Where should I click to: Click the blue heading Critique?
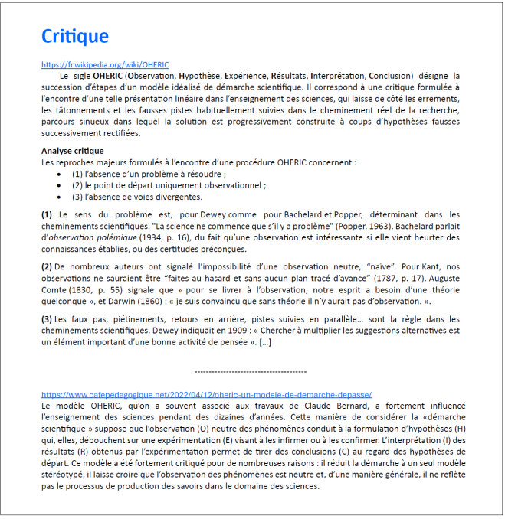(x=75, y=36)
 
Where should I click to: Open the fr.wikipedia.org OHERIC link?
(x=105, y=65)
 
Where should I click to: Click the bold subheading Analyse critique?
(x=73, y=151)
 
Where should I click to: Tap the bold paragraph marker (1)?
(x=48, y=216)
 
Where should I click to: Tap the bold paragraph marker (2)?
(x=48, y=266)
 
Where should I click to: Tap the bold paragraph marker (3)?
(x=48, y=318)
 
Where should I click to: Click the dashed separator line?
(x=251, y=370)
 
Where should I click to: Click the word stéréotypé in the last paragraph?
(x=63, y=475)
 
